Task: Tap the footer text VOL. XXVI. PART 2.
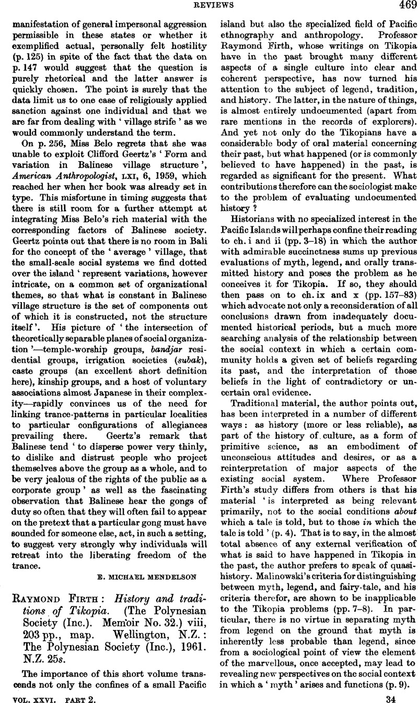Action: pyautogui.click(x=46, y=695)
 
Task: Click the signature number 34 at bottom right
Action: pyautogui.click(x=406, y=695)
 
